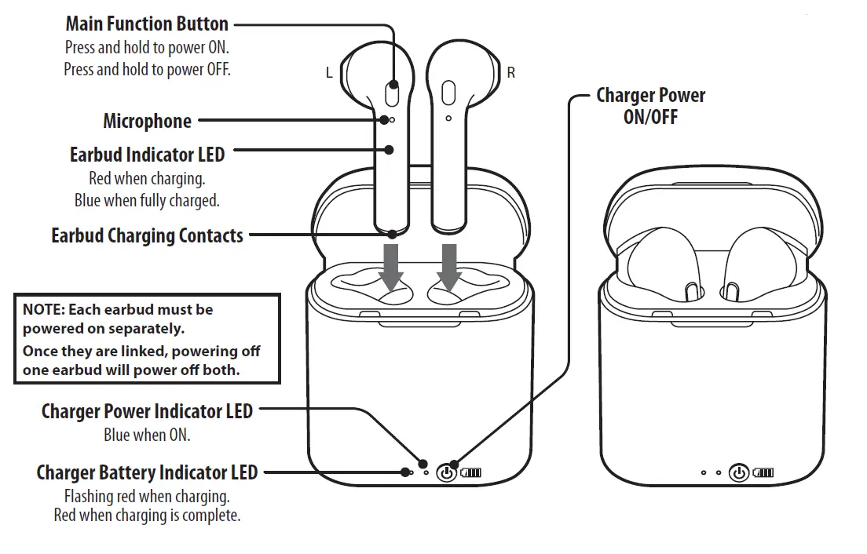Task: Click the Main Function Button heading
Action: tap(147, 24)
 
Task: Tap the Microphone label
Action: tap(147, 121)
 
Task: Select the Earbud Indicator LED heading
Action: tap(147, 155)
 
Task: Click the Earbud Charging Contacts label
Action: tap(147, 235)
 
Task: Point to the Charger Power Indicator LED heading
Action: tap(147, 410)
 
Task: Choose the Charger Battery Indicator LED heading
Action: tap(147, 472)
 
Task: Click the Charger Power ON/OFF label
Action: tap(650, 106)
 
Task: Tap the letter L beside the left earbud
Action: tap(329, 73)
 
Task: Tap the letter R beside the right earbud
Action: tap(511, 73)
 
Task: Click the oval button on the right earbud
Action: tap(448, 93)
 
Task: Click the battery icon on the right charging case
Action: tap(763, 472)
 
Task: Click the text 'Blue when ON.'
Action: tap(147, 434)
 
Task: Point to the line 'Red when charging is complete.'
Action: tap(147, 516)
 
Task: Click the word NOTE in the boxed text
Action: tap(41, 310)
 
